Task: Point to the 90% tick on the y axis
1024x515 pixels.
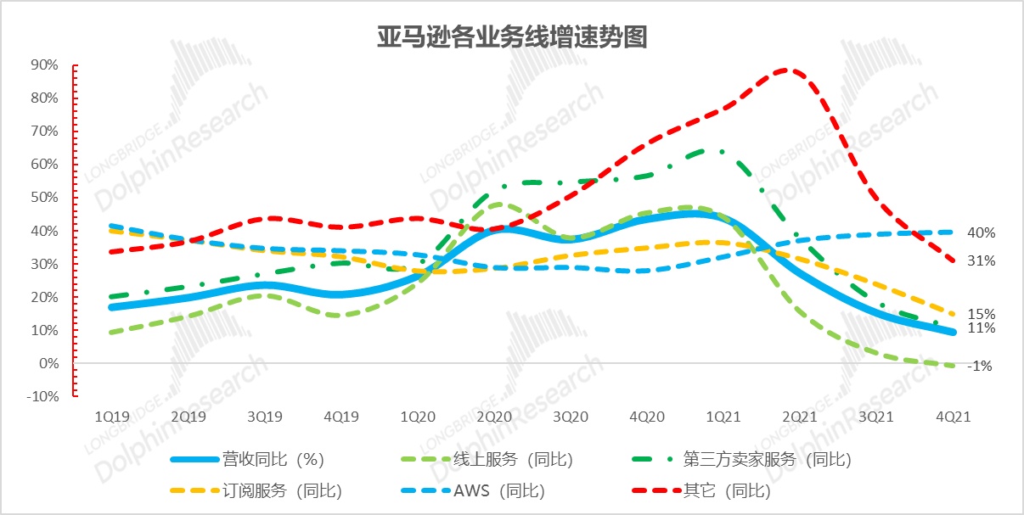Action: [x=44, y=64]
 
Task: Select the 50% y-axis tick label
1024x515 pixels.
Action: [x=44, y=198]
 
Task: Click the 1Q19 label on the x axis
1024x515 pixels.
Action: [x=112, y=417]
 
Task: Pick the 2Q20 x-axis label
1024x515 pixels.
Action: [x=494, y=417]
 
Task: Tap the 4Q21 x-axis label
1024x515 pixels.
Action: [x=953, y=417]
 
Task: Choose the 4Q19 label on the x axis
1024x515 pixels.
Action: [x=341, y=417]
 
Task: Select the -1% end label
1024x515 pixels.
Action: [x=982, y=367]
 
